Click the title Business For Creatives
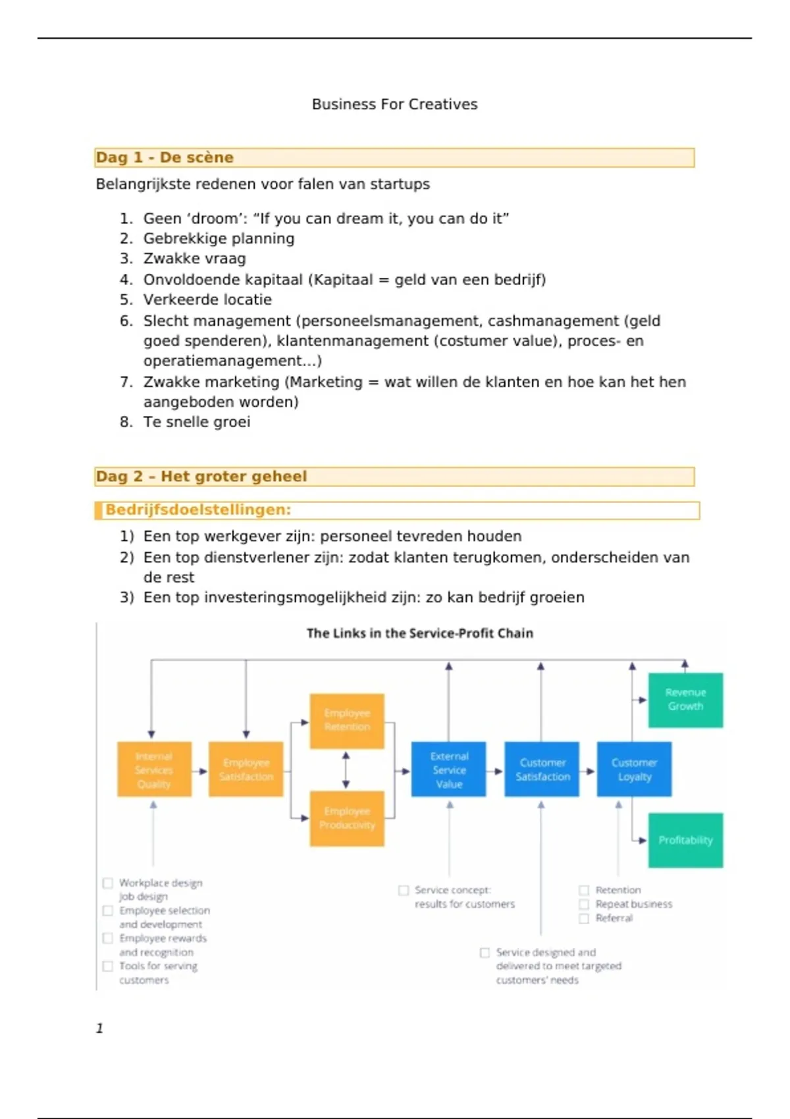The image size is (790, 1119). pos(394,104)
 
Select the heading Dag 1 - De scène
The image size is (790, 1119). pos(165,157)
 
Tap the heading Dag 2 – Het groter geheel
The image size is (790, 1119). pos(201,476)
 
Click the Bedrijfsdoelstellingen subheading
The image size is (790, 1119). pos(198,509)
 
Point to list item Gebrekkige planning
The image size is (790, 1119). pos(219,238)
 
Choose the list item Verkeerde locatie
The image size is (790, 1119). pos(207,299)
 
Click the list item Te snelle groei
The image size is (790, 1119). pos(197,422)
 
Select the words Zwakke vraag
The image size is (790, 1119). pos(194,259)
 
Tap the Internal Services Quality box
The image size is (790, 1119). pos(154,769)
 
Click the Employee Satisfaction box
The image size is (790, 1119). pos(246,769)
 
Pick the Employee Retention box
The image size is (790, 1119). pos(347,720)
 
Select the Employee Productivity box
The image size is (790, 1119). pos(347,818)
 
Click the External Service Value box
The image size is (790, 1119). pos(448,769)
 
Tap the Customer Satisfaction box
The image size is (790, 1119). pos(542,769)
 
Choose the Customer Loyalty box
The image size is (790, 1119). pos(634,769)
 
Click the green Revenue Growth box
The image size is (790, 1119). pos(685,700)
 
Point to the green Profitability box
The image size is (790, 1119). pos(685,840)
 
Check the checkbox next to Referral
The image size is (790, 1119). pos(584,918)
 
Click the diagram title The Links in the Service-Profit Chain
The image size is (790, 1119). pos(419,633)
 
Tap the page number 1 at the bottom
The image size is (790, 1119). pos(100,1028)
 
